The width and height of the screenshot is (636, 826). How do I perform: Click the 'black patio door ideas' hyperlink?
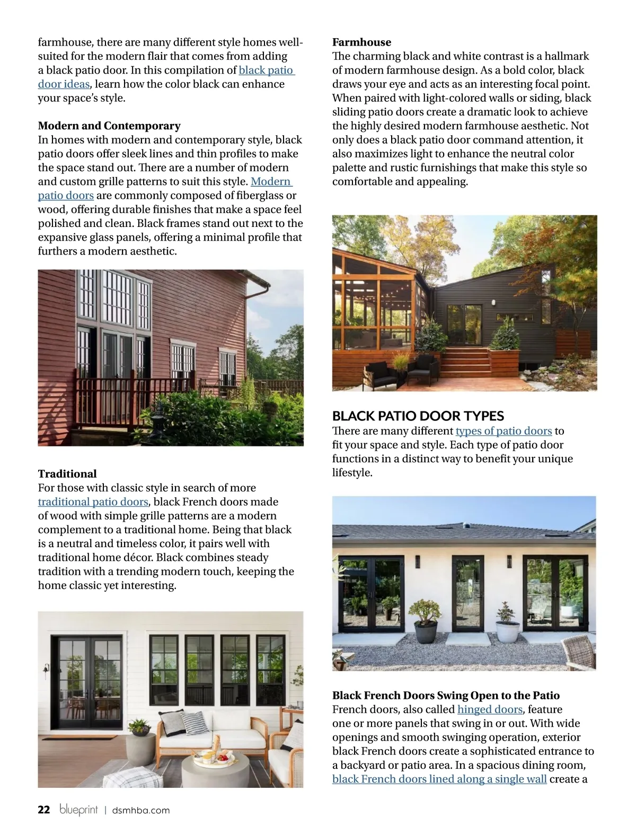[266, 71]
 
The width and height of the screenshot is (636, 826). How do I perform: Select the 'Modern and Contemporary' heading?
[109, 126]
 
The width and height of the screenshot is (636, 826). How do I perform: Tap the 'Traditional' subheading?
[67, 474]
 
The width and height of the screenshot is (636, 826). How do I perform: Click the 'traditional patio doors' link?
[93, 502]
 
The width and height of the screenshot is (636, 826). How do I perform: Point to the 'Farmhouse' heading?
[361, 42]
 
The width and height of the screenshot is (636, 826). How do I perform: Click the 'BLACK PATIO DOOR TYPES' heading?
[418, 416]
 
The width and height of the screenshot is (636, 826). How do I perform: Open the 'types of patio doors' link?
[503, 431]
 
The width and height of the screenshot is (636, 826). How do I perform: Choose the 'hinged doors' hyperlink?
[490, 709]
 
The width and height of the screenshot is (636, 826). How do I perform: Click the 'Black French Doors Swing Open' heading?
[446, 696]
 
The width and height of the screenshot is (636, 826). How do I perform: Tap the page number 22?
[44, 810]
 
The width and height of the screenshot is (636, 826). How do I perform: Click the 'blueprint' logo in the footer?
[79, 810]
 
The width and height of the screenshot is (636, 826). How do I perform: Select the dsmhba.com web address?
[141, 811]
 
